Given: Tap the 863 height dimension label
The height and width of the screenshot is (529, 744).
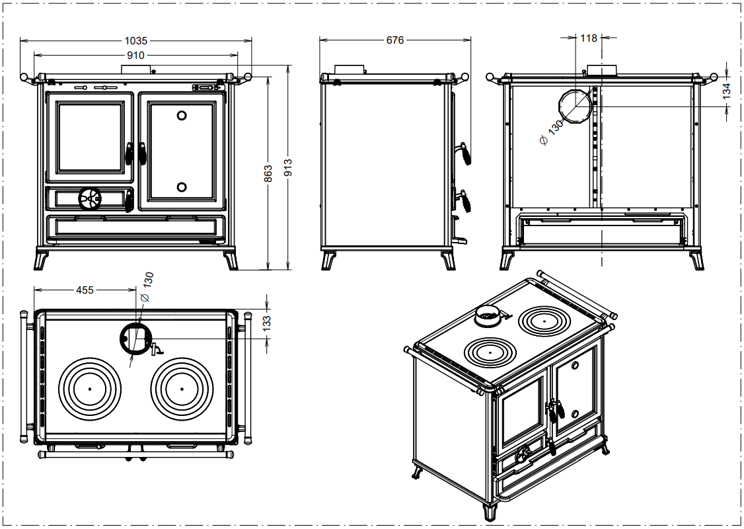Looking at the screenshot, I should pyautogui.click(x=268, y=174).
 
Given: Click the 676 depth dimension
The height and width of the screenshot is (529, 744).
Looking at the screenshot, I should pyautogui.click(x=394, y=40).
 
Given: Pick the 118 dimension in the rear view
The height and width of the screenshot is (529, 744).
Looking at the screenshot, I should pyautogui.click(x=589, y=38).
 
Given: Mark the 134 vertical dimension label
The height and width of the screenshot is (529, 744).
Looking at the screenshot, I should pyautogui.click(x=727, y=91).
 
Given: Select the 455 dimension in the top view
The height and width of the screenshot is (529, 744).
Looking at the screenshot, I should pyautogui.click(x=85, y=290).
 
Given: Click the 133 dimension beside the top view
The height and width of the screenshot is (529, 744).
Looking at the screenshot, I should pyautogui.click(x=267, y=323).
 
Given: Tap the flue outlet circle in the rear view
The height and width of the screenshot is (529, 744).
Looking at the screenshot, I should pyautogui.click(x=574, y=106).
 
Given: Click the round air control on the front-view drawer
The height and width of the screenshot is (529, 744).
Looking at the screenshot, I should pyautogui.click(x=90, y=197).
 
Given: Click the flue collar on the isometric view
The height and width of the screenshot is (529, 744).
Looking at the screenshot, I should pyautogui.click(x=490, y=317).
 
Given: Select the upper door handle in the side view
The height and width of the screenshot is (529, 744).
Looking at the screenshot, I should pyautogui.click(x=466, y=154).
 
